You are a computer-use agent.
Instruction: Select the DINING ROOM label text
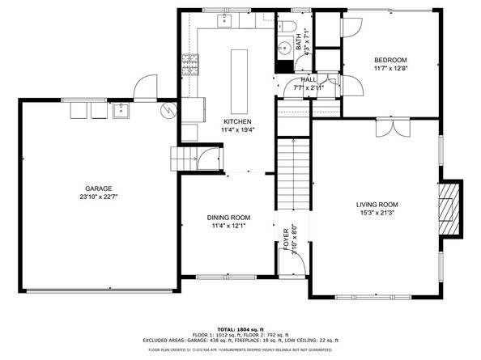(228, 218)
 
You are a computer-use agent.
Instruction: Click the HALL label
(309, 80)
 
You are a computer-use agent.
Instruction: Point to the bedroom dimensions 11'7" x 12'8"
(389, 70)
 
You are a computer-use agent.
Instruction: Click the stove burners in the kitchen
(191, 61)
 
